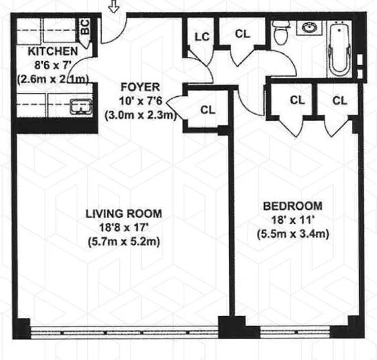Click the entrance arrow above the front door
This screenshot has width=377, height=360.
(113, 7)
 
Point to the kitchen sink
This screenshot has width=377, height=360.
(81, 107)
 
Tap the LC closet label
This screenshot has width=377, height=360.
(202, 37)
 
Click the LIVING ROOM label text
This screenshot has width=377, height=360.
(123, 213)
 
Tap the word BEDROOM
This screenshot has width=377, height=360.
(292, 206)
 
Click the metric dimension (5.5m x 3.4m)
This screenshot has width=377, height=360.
(292, 234)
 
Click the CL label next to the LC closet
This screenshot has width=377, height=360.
(243, 34)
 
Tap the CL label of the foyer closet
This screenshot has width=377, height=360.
(208, 110)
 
